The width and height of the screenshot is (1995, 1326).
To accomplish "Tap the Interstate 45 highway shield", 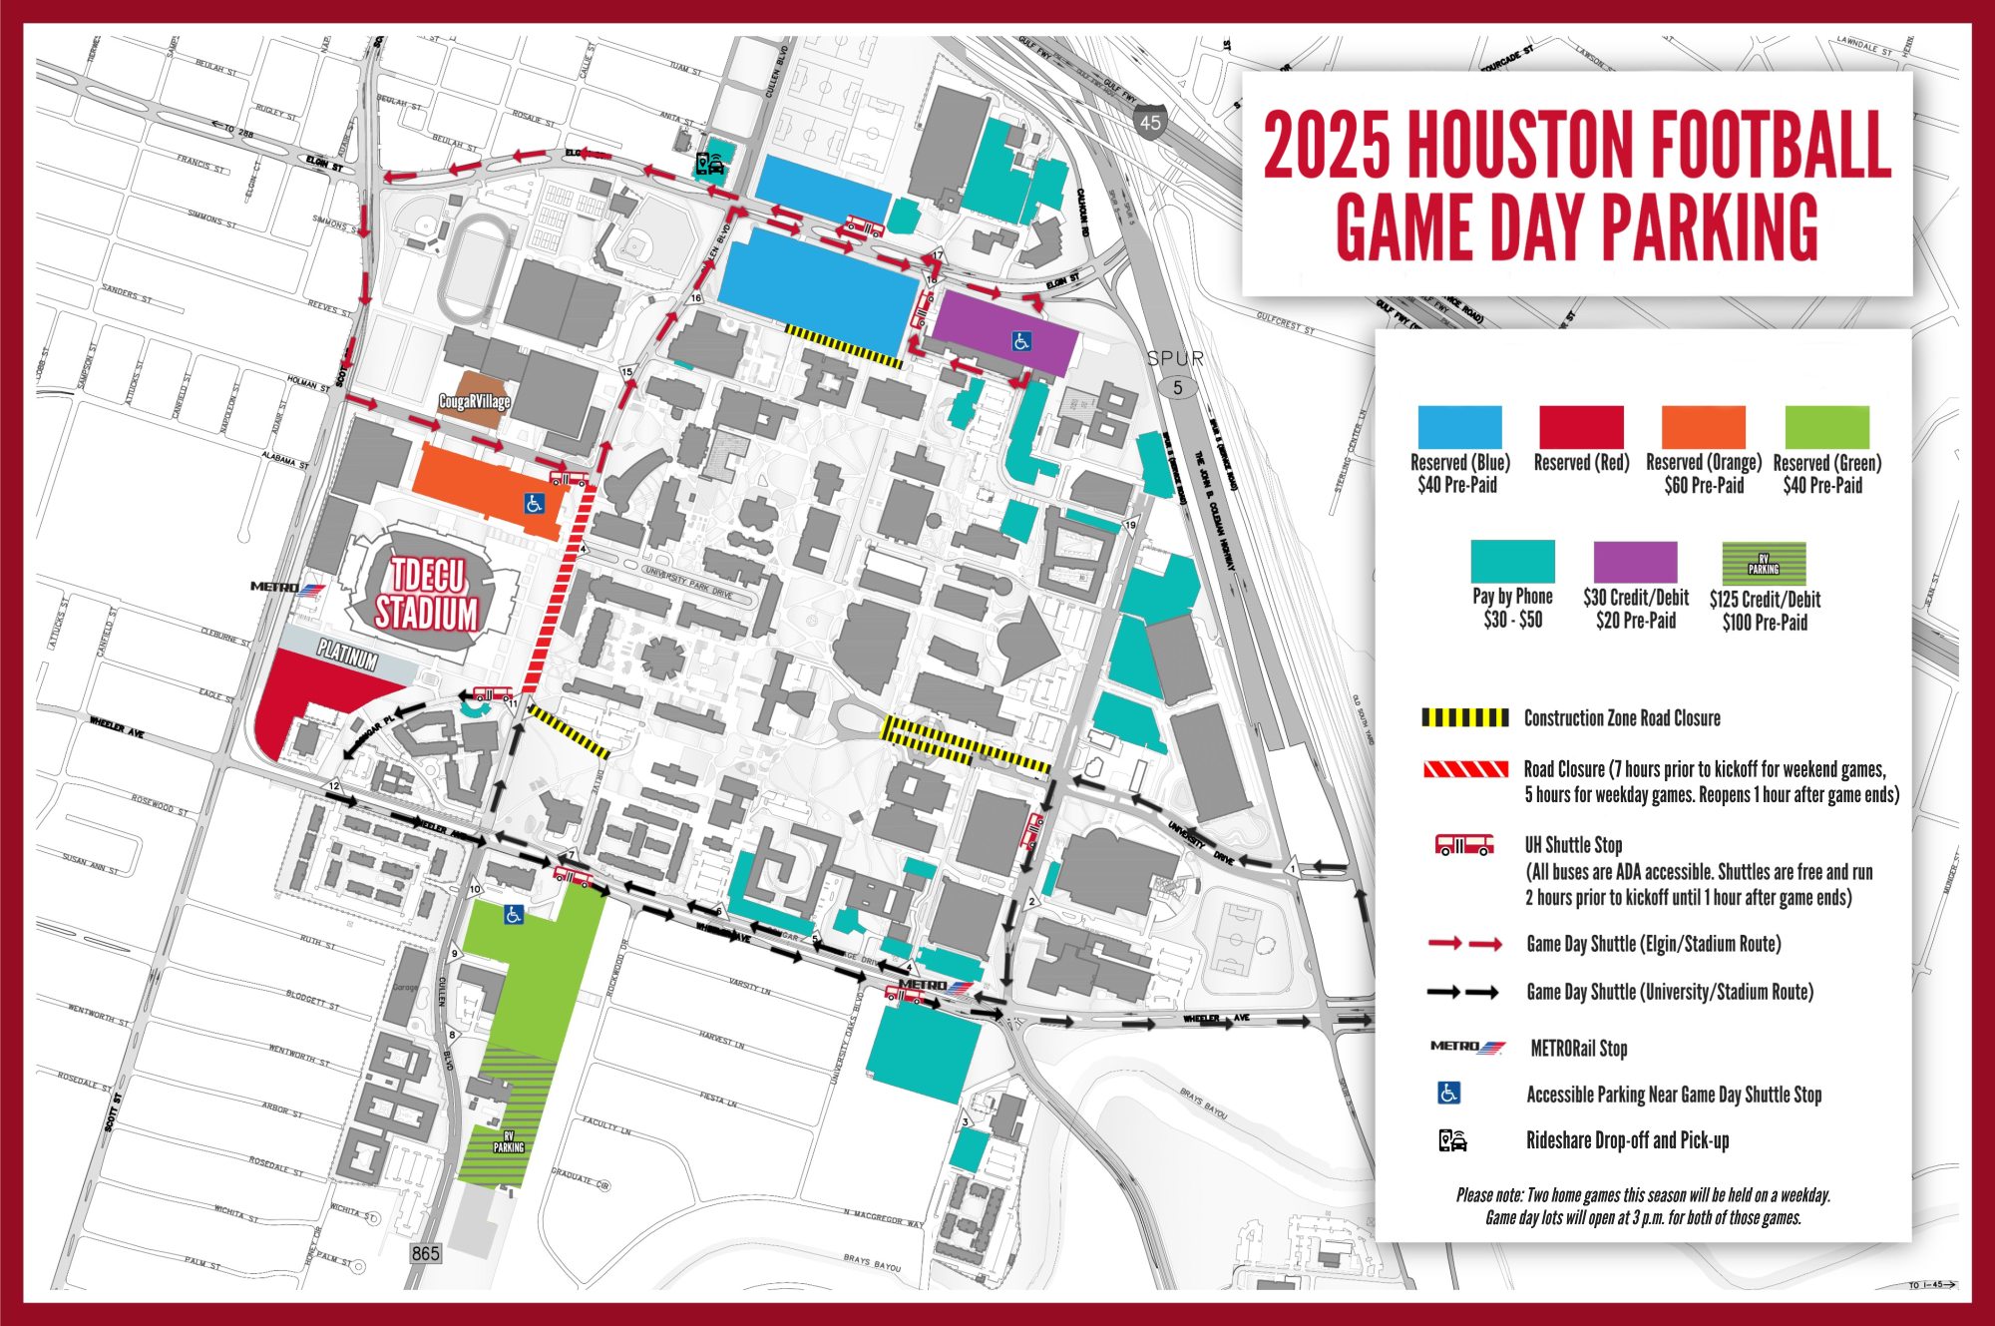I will pyautogui.click(x=1150, y=122).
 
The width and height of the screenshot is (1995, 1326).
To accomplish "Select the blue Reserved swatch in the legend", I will pyautogui.click(x=1459, y=427).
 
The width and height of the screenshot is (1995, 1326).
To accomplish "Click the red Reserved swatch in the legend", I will pyautogui.click(x=1581, y=427).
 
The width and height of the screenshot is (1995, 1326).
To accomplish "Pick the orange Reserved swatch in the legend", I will pyautogui.click(x=1703, y=427).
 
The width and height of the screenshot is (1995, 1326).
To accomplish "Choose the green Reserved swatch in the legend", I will pyautogui.click(x=1826, y=427).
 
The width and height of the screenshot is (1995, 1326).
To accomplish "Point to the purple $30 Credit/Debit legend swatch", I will pyautogui.click(x=1635, y=562).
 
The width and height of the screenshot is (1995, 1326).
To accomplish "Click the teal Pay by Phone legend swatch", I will pyautogui.click(x=1512, y=561).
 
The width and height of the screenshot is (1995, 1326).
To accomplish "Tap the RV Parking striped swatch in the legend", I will pyautogui.click(x=1764, y=564).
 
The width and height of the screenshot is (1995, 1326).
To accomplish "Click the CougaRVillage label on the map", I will pyautogui.click(x=475, y=401).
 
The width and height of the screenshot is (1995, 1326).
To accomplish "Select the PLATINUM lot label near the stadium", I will pyautogui.click(x=348, y=655).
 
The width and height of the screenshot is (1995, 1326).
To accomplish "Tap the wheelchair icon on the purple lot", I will pyautogui.click(x=1021, y=341).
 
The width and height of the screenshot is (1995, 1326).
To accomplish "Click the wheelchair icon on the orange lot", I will pyautogui.click(x=535, y=504).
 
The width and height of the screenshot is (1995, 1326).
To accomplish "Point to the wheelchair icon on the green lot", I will pyautogui.click(x=514, y=914).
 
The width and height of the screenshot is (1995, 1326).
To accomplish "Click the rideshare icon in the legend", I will pyautogui.click(x=1452, y=1139).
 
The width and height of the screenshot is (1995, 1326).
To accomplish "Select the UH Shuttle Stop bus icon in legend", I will pyautogui.click(x=1463, y=845).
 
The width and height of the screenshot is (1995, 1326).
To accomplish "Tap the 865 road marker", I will pyautogui.click(x=425, y=1253).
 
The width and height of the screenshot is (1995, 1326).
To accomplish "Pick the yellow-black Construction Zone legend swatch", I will pyautogui.click(x=1464, y=717).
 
